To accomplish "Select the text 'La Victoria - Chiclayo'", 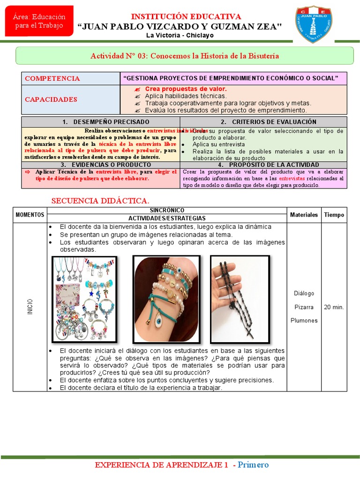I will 180,36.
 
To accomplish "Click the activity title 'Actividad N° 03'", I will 185,56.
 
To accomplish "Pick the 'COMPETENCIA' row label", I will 52,79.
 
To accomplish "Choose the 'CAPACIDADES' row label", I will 51,99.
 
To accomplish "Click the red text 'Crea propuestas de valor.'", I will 186,89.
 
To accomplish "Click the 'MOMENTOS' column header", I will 30,215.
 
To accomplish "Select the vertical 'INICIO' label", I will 30,307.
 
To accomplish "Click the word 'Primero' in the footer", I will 253,465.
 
